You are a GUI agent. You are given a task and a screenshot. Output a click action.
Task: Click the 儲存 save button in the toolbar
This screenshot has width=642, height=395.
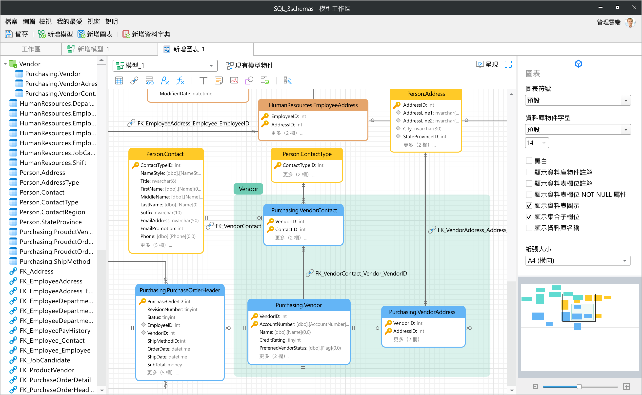(x=17, y=34)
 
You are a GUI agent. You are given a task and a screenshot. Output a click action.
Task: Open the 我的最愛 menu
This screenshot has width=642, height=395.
(x=69, y=22)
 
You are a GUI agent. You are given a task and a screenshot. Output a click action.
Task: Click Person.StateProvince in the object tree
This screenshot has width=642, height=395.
(x=51, y=222)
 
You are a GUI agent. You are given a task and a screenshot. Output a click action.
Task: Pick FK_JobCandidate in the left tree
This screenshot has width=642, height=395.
(x=45, y=360)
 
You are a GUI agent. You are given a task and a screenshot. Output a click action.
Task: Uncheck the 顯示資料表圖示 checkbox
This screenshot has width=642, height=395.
(x=529, y=206)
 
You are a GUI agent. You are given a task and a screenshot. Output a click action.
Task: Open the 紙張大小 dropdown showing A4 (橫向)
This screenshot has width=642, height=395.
(x=578, y=260)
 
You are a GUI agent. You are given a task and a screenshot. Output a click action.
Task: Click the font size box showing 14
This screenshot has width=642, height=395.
(x=537, y=143)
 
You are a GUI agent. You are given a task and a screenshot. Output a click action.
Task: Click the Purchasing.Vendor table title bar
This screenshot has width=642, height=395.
(x=299, y=305)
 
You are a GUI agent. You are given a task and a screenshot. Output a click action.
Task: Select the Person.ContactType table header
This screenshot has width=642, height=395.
(x=307, y=154)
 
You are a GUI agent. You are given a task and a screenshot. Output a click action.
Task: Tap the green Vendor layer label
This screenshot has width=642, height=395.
(x=248, y=189)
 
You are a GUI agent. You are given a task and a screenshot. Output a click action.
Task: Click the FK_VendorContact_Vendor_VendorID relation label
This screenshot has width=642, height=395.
(x=361, y=274)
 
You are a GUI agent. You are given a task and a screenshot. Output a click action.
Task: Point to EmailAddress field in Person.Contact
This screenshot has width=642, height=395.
(x=170, y=220)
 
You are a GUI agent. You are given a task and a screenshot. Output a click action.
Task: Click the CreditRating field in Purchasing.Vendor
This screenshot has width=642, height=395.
(x=280, y=340)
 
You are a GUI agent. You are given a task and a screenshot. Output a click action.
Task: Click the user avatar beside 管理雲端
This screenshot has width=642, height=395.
(x=630, y=22)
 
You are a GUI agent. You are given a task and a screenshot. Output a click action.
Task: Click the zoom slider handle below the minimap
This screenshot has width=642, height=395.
(x=579, y=386)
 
